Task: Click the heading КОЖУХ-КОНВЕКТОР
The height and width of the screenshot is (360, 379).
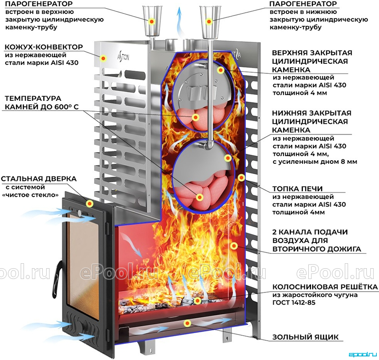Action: click(44, 47)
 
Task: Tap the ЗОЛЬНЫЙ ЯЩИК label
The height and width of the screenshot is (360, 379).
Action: click(306, 337)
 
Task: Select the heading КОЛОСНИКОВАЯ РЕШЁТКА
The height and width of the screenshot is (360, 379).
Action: click(325, 287)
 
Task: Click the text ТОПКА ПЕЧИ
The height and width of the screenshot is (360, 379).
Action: click(298, 189)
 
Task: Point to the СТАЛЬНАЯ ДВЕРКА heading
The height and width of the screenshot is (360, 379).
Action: click(39, 179)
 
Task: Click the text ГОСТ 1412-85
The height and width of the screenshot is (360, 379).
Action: click(293, 302)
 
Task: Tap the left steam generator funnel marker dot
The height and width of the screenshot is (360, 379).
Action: click(152, 21)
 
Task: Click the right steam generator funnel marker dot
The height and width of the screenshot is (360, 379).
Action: click(209, 21)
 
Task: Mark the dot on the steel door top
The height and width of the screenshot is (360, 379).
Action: click(90, 204)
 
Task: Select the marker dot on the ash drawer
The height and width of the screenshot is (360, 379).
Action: click(187, 323)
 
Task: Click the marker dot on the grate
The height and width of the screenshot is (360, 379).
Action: click(197, 301)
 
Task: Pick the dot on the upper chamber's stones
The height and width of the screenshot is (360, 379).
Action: click(195, 117)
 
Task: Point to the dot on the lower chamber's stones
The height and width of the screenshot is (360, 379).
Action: click(199, 198)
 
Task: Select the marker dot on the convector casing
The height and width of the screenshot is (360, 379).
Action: click(104, 58)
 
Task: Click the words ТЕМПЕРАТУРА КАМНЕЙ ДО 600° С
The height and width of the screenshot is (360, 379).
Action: click(41, 103)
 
